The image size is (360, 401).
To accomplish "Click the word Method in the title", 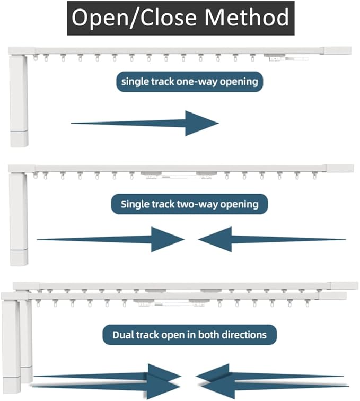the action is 247,18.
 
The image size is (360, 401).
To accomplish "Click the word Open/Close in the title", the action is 134,18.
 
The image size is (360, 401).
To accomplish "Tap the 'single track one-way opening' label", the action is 189,82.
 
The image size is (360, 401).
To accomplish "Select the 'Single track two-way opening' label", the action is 189,204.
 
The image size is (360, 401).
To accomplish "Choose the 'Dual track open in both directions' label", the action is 189,335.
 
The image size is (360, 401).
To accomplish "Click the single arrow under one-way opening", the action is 145,123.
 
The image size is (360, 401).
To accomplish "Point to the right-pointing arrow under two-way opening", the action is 111,239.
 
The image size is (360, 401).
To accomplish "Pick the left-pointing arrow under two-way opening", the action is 272,239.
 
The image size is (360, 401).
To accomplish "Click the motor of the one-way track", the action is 19,101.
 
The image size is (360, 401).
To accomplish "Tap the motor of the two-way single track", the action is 19,220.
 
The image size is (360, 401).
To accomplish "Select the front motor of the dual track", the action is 11,346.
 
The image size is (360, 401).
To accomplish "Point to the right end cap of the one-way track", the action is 338,50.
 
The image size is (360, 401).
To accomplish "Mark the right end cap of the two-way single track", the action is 340,168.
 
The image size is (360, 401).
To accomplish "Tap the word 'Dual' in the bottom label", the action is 122,335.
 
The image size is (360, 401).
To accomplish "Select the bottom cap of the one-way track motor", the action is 19,139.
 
